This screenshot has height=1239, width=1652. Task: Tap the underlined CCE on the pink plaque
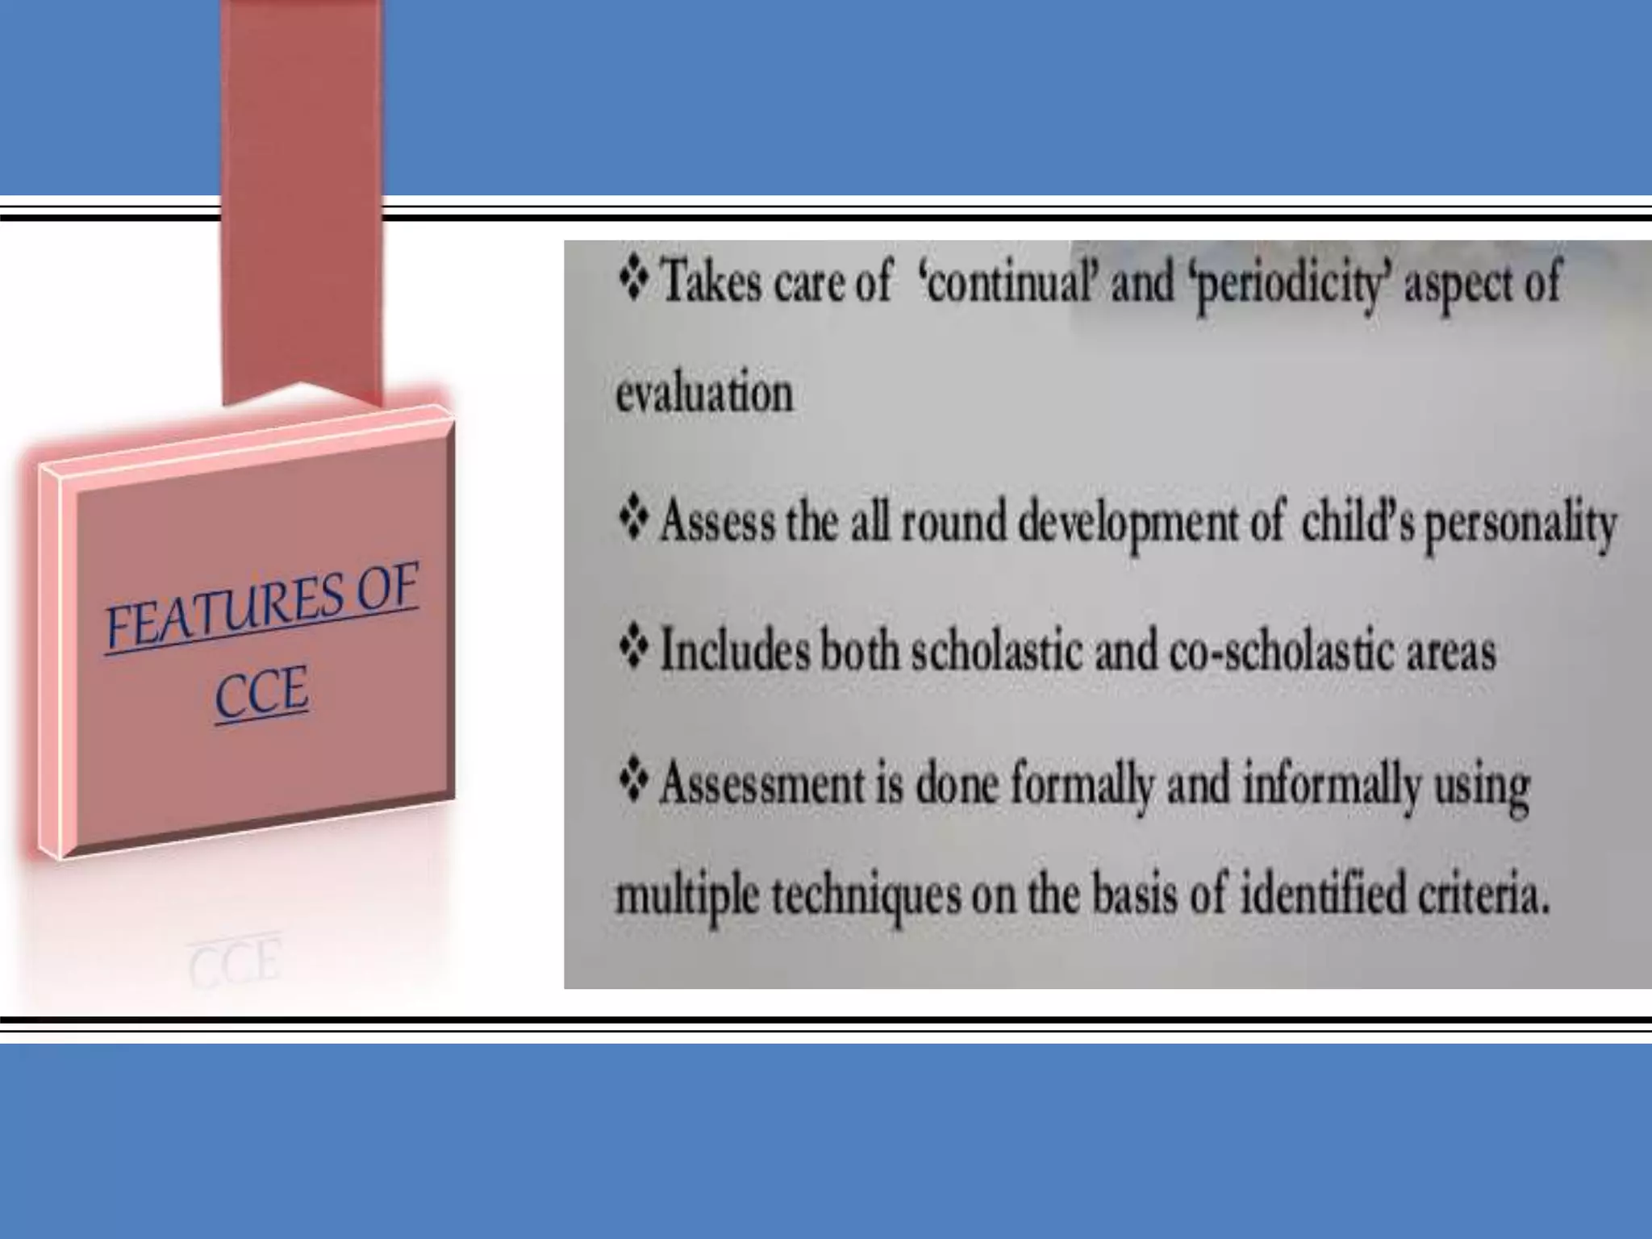point(261,692)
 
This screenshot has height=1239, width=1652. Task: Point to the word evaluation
point(704,394)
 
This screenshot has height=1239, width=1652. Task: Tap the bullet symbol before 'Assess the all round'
point(634,519)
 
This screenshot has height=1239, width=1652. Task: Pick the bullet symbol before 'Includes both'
point(634,649)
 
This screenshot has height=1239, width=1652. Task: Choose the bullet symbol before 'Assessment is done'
point(634,781)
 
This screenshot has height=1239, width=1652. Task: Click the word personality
point(1521,525)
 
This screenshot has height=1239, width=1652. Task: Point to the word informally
point(1331,786)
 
